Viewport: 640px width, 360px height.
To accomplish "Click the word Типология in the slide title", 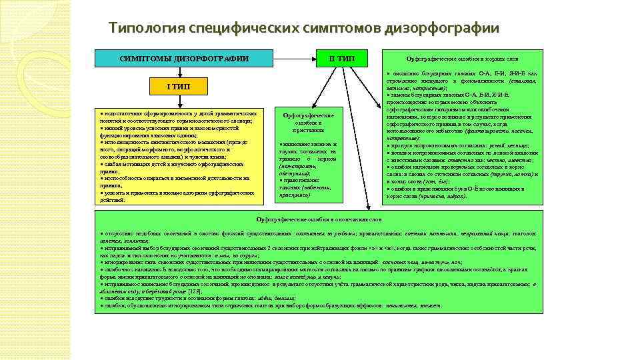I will (x=139, y=29).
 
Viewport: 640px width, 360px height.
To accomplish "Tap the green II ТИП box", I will (x=341, y=59).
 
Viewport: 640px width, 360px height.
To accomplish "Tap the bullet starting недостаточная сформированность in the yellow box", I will (x=177, y=117).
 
